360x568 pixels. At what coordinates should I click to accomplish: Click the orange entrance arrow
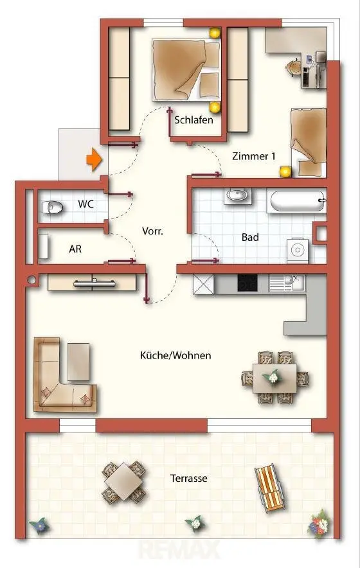(x=94, y=159)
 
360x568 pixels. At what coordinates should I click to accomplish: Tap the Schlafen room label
(x=194, y=120)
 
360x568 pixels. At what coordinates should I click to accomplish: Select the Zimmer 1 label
(x=254, y=156)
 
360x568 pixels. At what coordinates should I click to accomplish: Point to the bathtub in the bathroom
(x=297, y=201)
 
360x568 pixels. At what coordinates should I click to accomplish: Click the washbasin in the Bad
(x=237, y=196)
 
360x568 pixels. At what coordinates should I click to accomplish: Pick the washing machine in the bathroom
(x=297, y=250)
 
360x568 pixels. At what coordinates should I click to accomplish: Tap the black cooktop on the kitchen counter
(x=248, y=283)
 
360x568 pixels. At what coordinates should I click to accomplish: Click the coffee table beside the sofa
(x=78, y=362)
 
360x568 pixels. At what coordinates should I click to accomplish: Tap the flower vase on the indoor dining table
(x=273, y=377)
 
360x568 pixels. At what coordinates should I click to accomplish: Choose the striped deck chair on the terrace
(x=269, y=488)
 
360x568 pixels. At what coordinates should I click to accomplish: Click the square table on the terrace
(x=124, y=481)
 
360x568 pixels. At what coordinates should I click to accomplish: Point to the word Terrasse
(x=189, y=479)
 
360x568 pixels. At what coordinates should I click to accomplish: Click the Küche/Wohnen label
(x=175, y=355)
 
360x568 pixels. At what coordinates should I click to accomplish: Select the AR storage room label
(x=75, y=249)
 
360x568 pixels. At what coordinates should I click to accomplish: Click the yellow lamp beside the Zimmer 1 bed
(x=285, y=172)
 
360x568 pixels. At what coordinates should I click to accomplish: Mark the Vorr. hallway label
(x=152, y=231)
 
